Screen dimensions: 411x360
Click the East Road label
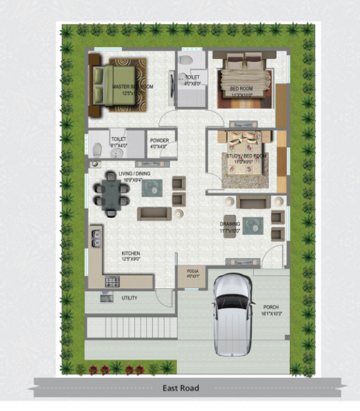click(x=180, y=388)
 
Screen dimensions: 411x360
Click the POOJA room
click(x=192, y=274)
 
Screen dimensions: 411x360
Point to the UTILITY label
click(x=129, y=298)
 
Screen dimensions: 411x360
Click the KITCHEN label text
click(x=131, y=256)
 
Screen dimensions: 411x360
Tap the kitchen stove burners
click(x=111, y=281)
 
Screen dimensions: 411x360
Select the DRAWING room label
click(x=230, y=225)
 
